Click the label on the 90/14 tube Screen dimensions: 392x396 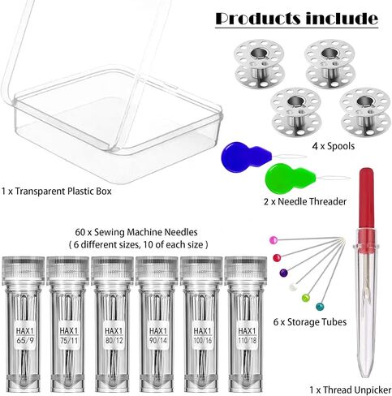(157, 335)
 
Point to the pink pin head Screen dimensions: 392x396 (274, 240)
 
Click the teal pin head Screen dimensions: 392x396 (320, 307)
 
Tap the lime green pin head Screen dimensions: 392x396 (306, 298)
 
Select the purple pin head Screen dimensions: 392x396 (283, 273)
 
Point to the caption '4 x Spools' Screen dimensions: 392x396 (333, 146)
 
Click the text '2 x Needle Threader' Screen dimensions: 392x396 (305, 201)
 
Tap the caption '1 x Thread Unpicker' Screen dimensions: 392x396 (351, 390)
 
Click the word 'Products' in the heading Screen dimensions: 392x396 (258, 19)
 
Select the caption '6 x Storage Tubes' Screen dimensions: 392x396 (310, 322)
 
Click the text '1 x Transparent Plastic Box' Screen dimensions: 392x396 (56, 192)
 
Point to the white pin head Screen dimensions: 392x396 (293, 286)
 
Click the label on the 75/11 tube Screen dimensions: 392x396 (69, 335)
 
